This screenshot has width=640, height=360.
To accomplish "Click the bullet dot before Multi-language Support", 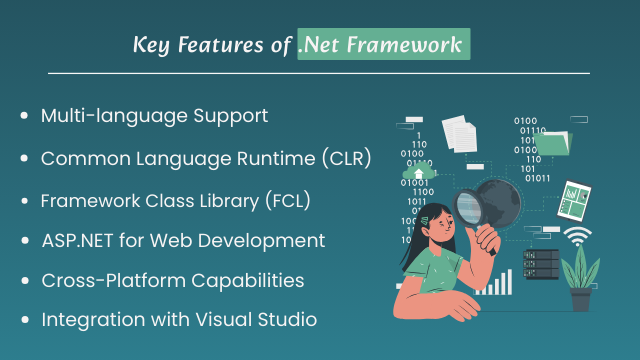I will tap(24, 117).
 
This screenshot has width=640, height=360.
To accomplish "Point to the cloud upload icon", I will tap(416, 174).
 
